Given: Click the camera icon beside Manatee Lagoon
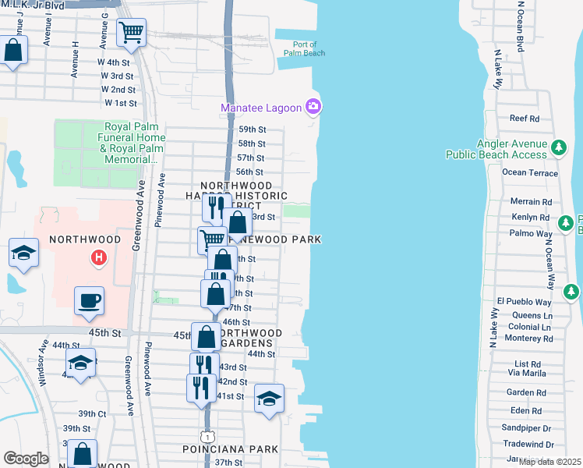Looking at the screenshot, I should [x=313, y=106].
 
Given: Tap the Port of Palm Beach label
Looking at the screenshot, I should [x=309, y=49].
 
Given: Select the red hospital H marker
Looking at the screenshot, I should [x=98, y=256].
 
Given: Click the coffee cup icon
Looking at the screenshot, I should [x=89, y=300].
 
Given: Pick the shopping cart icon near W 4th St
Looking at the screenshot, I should [x=132, y=33].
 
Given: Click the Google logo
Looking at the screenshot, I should [x=25, y=459].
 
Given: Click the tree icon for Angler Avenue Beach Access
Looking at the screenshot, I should [x=558, y=147].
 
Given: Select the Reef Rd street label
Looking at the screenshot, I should [x=524, y=119].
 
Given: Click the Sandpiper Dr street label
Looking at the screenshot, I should [x=525, y=428].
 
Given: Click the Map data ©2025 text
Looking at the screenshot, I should [x=549, y=462].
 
